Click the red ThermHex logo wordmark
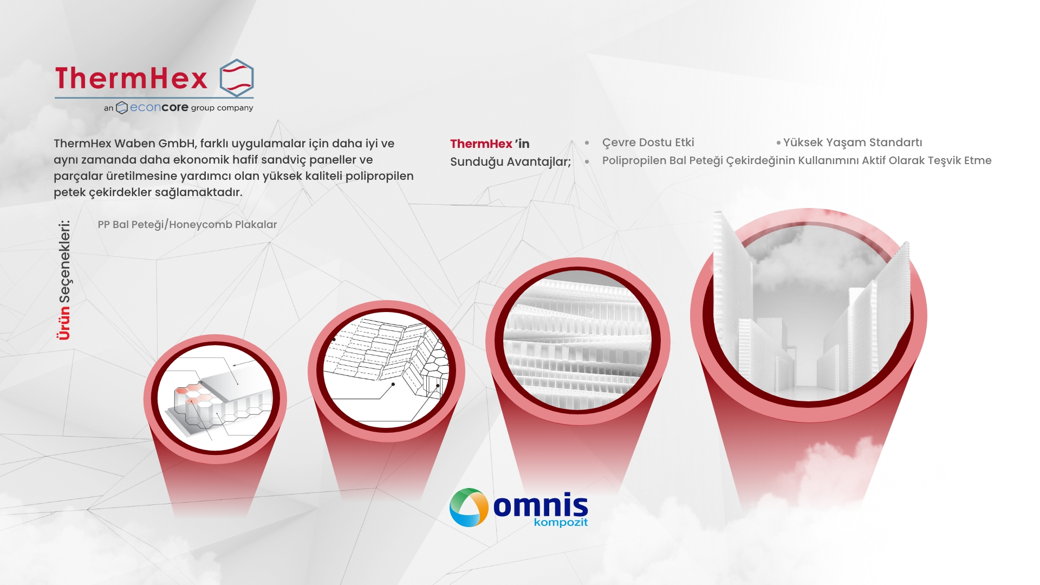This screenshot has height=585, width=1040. click(131, 78)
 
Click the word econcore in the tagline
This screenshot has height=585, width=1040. click(159, 107)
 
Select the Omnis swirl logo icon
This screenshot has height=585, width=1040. click(469, 508)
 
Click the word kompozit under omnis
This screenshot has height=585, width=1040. click(561, 522)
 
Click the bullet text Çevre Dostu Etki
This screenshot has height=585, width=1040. click(648, 142)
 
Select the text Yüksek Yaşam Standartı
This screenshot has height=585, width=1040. click(853, 142)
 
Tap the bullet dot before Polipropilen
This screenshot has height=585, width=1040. click(587, 161)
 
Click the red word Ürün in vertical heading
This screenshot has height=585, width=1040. click(64, 323)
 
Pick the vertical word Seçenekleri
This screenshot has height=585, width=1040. click(64, 261)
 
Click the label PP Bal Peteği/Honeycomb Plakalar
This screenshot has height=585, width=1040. click(187, 224)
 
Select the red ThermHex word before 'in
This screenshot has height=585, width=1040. click(481, 144)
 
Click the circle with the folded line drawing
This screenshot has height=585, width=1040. click(386, 371)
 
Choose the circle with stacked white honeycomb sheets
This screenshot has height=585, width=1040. click(577, 341)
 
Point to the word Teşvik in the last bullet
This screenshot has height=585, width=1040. click(944, 161)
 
